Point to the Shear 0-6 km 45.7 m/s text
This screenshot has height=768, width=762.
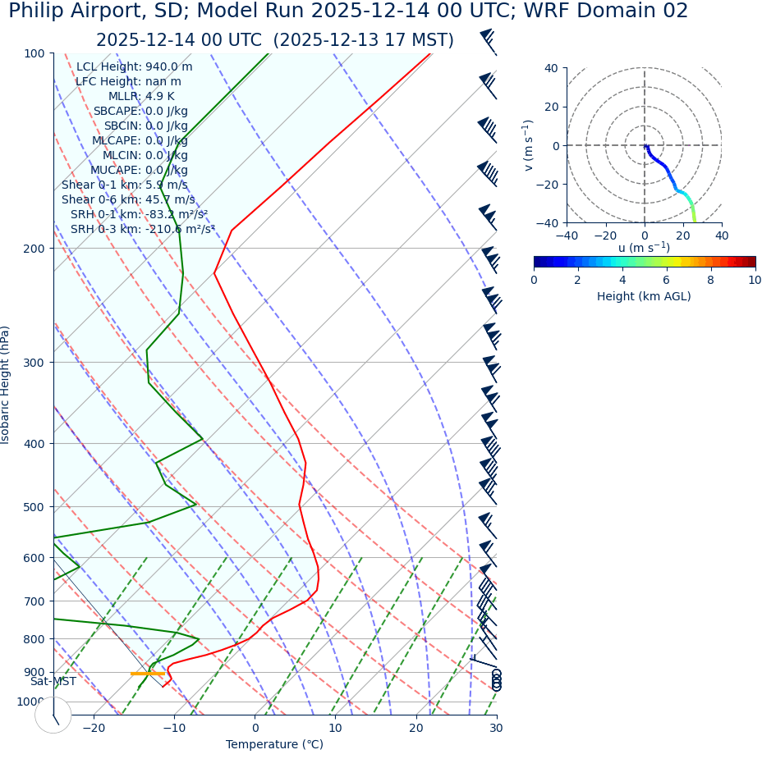(128, 199)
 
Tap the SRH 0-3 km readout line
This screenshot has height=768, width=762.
(142, 229)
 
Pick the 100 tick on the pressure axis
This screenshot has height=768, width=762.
(34, 53)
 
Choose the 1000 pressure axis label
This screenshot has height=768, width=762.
(30, 702)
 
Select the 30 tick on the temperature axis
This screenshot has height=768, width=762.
(496, 729)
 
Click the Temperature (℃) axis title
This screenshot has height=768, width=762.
(274, 745)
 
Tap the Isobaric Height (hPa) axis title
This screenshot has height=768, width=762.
(6, 385)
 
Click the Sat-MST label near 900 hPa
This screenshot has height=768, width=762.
(53, 682)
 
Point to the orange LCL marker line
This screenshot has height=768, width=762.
(148, 674)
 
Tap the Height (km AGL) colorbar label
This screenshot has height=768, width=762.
(644, 296)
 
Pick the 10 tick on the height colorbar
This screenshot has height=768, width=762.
(754, 280)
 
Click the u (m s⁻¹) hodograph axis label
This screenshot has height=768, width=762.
(644, 248)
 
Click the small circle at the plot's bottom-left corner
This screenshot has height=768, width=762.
(53, 715)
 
